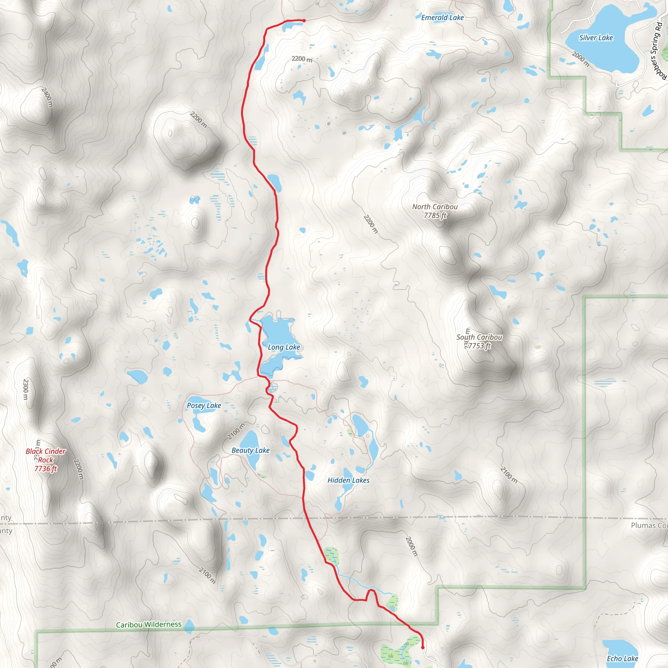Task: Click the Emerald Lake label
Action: pos(442,17)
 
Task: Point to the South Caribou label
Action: pos(479,337)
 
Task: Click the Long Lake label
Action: pos(283,347)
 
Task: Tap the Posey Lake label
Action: pos(204,405)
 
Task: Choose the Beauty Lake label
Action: pos(250,450)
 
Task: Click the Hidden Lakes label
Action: pos(348,480)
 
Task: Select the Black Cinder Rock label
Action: pos(45,455)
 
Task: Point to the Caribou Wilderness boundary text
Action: pos(148,624)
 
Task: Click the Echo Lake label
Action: pos(622,658)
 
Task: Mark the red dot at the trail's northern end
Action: pos(304,21)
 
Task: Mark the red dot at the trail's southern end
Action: pos(422,647)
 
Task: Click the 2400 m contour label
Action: pos(47,97)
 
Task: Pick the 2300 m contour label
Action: pos(25,389)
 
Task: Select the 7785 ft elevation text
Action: pos(435,215)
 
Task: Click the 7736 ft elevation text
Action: pos(45,468)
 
